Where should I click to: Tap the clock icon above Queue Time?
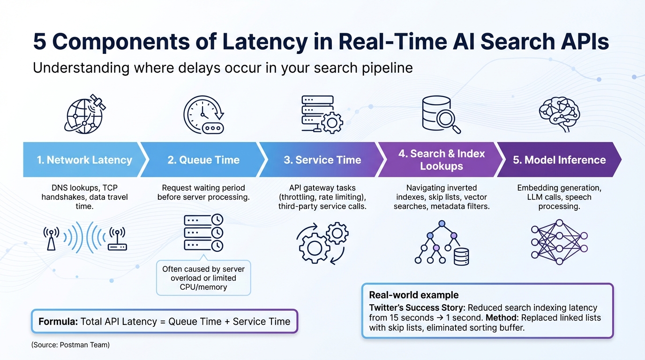[203, 114]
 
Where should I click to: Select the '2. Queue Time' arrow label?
[203, 160]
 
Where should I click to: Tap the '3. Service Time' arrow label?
[322, 160]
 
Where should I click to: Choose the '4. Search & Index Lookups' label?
[441, 160]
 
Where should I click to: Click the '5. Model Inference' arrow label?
[559, 160]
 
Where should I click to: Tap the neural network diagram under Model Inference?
[559, 241]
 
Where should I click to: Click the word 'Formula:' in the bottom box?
[58, 322]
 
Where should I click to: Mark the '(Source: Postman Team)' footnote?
[70, 345]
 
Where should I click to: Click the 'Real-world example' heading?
[413, 295]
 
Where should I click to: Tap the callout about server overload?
[203, 278]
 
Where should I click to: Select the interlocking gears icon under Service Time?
[322, 242]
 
